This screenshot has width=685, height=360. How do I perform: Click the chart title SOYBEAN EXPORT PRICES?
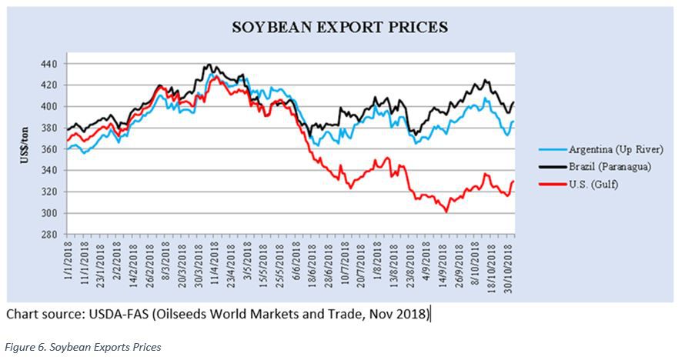(339, 28)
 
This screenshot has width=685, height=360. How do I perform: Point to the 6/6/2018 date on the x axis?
(296, 265)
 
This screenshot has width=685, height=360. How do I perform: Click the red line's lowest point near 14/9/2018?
(446, 212)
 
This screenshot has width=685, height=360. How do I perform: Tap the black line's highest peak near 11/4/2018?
(210, 65)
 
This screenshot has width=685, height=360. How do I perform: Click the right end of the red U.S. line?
(513, 182)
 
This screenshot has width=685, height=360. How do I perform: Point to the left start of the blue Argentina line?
(67, 148)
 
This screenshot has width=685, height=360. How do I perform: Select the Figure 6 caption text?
(84, 347)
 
